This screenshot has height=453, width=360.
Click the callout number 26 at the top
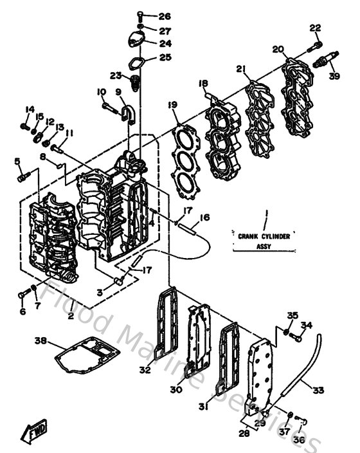coord(165,16)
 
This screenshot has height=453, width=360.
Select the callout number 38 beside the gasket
coord(40,340)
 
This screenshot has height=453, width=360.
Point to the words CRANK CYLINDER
coord(264,236)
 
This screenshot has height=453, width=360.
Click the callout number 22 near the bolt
coord(314,28)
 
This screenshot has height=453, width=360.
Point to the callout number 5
coord(18,161)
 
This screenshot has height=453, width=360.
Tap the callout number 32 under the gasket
coord(145,369)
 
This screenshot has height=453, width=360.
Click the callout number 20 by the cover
coord(278,50)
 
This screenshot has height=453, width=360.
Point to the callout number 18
coord(203,84)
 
